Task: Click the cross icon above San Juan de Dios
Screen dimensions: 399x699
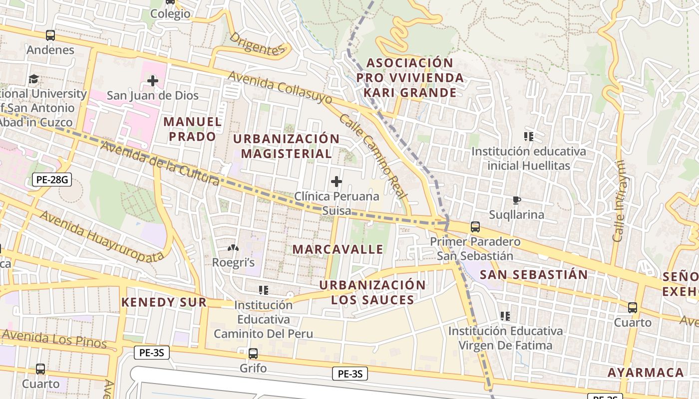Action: (x=153, y=80)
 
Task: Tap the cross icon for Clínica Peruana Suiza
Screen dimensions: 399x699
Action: (x=337, y=182)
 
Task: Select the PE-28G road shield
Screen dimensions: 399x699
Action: (x=52, y=180)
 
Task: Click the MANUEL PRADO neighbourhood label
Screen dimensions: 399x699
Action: (x=192, y=129)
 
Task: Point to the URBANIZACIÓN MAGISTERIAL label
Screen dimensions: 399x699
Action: (x=286, y=146)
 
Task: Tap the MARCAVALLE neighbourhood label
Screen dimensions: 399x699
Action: (x=338, y=249)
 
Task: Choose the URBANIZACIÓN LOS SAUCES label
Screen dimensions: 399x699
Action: (x=372, y=292)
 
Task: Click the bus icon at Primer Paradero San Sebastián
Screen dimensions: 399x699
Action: (x=475, y=227)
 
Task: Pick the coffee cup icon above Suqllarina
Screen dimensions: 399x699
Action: (x=517, y=200)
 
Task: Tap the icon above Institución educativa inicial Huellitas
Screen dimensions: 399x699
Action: (x=529, y=137)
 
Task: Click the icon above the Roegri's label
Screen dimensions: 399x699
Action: (x=233, y=248)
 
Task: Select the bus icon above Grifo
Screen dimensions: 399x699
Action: (x=253, y=354)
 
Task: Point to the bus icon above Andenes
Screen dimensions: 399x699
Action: (x=50, y=35)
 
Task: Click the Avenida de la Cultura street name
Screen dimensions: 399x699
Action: (x=160, y=163)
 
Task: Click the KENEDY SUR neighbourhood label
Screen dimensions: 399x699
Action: (x=164, y=302)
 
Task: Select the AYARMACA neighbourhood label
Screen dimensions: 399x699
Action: (x=646, y=373)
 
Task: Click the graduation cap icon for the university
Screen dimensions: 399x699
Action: (x=33, y=79)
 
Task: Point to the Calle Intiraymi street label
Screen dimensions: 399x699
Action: (x=619, y=201)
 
